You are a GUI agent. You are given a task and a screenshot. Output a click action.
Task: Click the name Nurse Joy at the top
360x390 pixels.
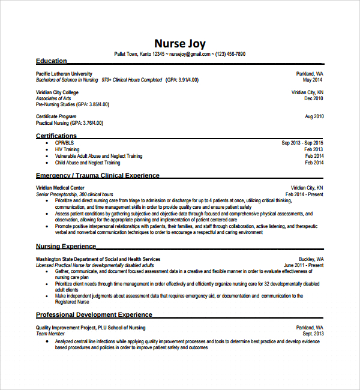click(180, 43)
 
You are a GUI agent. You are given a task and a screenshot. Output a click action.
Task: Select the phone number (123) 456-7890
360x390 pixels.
click(230, 54)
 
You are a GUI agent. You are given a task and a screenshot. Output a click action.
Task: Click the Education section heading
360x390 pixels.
click(52, 61)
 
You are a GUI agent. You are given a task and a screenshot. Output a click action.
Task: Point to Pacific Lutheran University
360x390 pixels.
click(64, 74)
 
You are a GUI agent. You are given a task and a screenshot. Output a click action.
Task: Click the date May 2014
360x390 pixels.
click(313, 80)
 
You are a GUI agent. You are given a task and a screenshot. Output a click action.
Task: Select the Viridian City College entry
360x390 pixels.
click(57, 92)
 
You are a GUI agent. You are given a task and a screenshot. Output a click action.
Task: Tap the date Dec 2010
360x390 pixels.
click(314, 98)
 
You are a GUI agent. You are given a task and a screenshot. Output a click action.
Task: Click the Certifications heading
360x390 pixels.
click(56, 136)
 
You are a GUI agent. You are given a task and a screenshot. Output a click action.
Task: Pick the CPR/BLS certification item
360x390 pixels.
click(64, 143)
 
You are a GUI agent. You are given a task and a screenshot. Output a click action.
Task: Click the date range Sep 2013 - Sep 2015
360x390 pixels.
click(302, 143)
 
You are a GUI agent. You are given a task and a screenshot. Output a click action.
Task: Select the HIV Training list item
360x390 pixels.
click(67, 149)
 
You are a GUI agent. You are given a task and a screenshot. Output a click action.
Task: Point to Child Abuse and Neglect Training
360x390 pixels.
click(88, 163)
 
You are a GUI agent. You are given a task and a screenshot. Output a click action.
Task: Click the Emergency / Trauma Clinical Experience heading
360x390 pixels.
click(98, 176)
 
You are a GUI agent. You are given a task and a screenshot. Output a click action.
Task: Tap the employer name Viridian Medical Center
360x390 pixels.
click(60, 188)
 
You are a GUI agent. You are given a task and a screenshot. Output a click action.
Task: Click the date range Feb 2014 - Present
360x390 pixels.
click(304, 194)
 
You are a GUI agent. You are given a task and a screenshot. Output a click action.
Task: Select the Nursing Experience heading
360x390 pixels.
click(66, 247)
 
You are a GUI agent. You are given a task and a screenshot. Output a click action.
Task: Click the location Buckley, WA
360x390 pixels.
click(311, 259)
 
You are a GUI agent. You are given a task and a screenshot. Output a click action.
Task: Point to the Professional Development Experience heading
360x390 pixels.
click(94, 314)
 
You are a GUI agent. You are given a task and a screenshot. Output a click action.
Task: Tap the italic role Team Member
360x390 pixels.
click(50, 334)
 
